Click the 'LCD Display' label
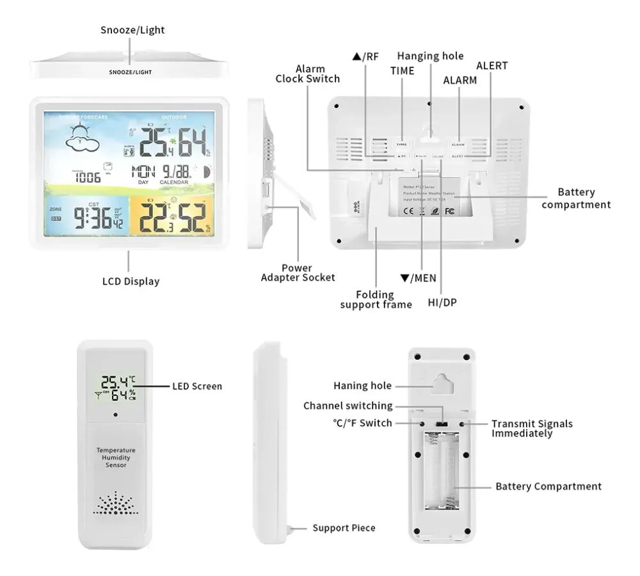coord(131,281)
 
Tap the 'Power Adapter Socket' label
coord(298,273)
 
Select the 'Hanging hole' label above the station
coord(430,56)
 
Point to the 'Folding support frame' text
coord(376,300)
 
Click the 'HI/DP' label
coord(442,301)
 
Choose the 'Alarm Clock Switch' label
coord(308,74)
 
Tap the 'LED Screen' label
coord(197,386)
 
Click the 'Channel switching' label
coord(348,406)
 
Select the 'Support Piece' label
coord(344,528)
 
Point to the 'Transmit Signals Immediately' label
coord(532,428)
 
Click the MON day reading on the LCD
coord(143,172)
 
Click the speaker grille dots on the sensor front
coord(116,503)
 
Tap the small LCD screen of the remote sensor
coord(116,387)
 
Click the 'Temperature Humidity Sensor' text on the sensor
coord(116,458)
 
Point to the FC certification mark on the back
coord(449,211)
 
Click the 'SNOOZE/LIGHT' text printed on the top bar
coord(130,72)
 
